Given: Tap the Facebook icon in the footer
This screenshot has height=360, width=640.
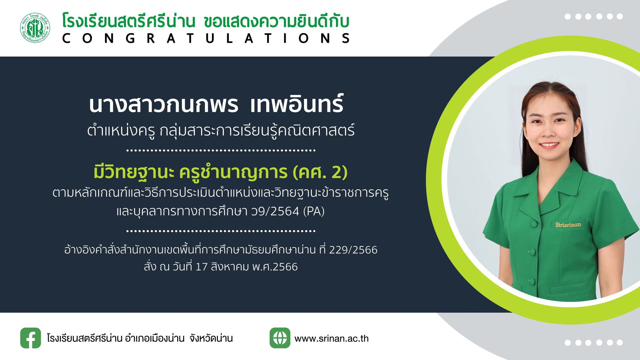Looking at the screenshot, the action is pyautogui.click(x=31, y=338).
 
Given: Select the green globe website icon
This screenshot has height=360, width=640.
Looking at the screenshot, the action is pyautogui.click(x=280, y=338).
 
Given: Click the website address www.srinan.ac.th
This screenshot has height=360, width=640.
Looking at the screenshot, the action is pyautogui.click(x=332, y=338).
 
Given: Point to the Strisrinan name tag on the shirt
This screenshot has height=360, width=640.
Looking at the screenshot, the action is pyautogui.click(x=568, y=224).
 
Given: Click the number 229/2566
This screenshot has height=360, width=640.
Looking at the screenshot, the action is pyautogui.click(x=353, y=250).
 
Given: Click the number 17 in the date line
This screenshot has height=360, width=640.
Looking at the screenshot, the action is pyautogui.click(x=202, y=267).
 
